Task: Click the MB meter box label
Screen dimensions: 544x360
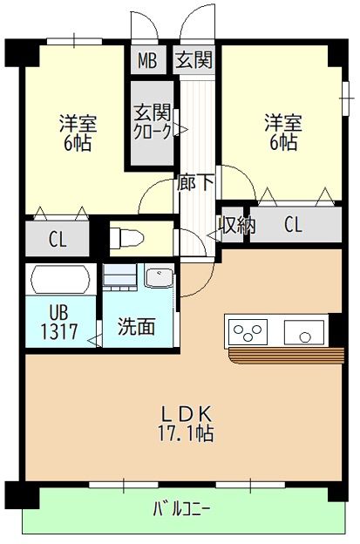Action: point(146,61)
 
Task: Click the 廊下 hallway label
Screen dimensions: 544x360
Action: point(196,184)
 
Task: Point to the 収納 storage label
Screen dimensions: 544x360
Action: point(235,225)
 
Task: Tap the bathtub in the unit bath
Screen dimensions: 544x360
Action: point(59,281)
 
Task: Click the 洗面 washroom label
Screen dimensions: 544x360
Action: point(137,327)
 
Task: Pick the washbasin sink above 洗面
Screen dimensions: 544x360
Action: point(160,279)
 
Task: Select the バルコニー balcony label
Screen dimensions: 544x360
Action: point(181,507)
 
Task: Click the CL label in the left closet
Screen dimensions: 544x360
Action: point(57,240)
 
